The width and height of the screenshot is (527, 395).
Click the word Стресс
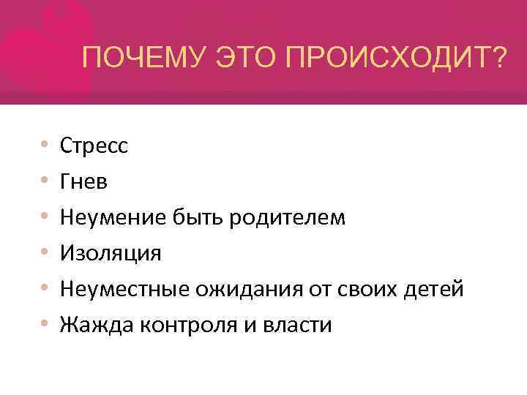(x=94, y=146)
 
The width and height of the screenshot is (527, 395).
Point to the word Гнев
(x=84, y=181)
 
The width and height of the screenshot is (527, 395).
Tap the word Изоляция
(x=111, y=253)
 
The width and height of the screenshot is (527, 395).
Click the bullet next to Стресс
(x=46, y=146)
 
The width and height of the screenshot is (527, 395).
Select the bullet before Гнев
(x=46, y=181)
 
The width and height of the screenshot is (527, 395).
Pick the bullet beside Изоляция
(x=46, y=253)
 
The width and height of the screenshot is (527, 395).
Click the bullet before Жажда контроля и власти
(x=46, y=325)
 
